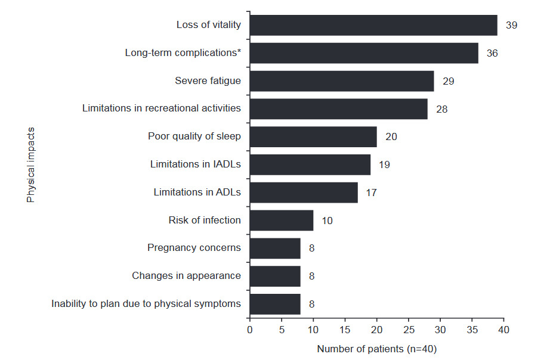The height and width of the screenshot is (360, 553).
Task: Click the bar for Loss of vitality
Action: click(373, 25)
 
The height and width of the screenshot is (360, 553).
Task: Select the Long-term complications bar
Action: click(364, 53)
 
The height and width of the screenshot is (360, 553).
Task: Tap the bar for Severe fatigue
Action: click(342, 81)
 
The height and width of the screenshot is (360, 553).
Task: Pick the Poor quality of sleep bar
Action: click(313, 136)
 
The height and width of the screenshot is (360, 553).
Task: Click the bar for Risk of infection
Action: click(282, 221)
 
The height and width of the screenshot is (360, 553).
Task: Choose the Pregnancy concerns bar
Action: click(275, 248)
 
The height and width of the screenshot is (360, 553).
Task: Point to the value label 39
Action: click(511, 25)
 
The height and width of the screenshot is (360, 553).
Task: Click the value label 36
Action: click(492, 53)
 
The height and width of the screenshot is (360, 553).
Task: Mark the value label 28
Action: click(441, 109)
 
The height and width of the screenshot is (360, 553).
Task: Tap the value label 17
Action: click(372, 193)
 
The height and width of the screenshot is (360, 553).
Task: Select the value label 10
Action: click(327, 221)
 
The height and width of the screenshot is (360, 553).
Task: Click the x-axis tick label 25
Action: click(408, 330)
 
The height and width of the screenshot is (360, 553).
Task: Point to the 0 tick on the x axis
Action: click(249, 330)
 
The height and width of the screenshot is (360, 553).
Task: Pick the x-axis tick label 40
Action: click(503, 330)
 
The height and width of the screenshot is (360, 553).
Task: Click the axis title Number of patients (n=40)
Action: click(376, 349)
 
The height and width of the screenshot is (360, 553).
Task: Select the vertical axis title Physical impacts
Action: click(31, 165)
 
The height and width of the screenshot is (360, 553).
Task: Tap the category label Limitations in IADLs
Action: click(196, 165)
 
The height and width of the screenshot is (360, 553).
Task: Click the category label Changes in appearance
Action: click(187, 276)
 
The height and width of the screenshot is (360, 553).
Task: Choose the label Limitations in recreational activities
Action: click(162, 108)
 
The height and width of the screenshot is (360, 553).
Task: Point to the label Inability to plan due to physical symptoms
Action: click(146, 304)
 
